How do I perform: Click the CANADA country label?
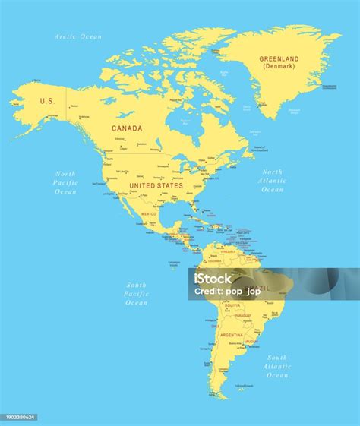pos(127,128)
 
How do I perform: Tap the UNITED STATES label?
pos(156,185)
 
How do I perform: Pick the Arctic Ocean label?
pos(78,36)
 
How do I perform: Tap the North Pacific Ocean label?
pos(65,182)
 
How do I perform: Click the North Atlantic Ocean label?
pos(272,181)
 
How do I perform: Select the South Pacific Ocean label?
pos(137,293)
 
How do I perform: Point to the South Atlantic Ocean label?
pos(277,366)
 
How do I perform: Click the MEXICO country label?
pos(149,214)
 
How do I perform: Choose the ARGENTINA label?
pos(231,334)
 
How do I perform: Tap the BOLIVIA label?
pos(232,305)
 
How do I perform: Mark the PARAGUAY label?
pos(243,315)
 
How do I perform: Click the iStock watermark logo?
pos(213,279)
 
